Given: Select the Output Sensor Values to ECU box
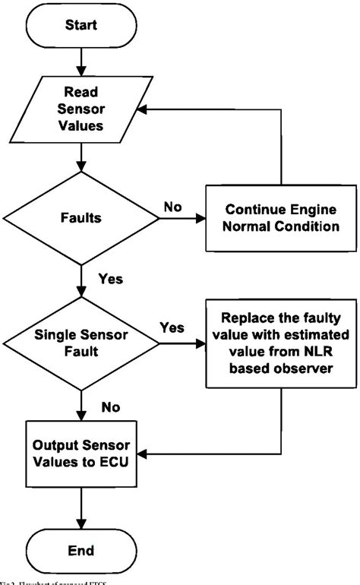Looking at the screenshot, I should (x=81, y=454).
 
